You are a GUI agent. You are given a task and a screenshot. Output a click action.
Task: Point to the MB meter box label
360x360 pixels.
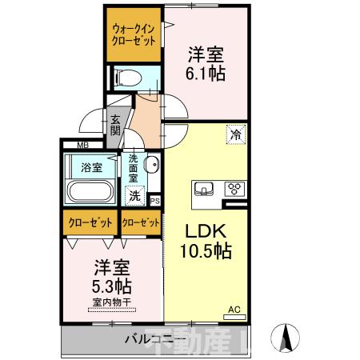point(82,145)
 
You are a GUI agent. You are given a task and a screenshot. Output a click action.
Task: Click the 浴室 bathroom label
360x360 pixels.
point(92,167)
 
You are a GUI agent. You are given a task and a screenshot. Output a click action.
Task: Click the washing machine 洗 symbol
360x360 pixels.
point(136,194)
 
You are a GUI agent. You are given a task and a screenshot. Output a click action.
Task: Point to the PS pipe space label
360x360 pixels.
point(155,201)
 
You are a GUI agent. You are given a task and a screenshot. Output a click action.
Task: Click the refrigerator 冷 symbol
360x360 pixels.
point(235,136)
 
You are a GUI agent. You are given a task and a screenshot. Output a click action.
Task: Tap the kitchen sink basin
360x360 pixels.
point(204,190)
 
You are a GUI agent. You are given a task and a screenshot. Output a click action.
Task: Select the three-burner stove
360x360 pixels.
point(235,190)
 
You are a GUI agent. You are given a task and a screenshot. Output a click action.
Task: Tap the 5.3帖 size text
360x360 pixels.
point(110,286)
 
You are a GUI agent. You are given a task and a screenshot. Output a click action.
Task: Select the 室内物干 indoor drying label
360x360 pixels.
point(111,302)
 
